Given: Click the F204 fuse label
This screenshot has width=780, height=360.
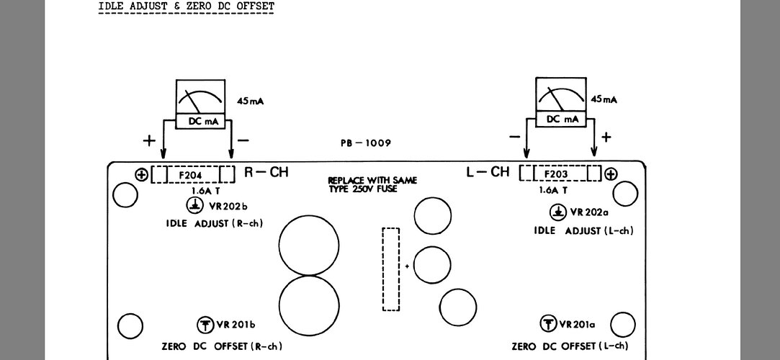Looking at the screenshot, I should (192, 174).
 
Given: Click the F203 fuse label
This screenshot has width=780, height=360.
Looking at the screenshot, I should (556, 174).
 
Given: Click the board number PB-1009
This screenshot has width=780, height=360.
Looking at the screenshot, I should (366, 143).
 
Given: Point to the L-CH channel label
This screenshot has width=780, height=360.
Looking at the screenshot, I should (488, 172).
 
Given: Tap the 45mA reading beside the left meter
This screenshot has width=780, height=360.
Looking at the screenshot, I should (250, 102).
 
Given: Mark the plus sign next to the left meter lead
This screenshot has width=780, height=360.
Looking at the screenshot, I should (149, 140).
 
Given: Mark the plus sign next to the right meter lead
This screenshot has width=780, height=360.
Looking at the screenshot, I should (606, 137).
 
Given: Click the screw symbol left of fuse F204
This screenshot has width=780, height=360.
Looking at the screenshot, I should (141, 174).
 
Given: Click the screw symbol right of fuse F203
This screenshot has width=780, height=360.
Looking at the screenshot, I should (611, 174).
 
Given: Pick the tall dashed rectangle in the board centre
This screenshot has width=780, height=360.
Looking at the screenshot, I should (390, 269).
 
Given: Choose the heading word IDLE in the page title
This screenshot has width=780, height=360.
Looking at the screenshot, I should (110, 6).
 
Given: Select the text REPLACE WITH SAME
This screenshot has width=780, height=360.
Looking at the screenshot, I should (372, 180).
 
